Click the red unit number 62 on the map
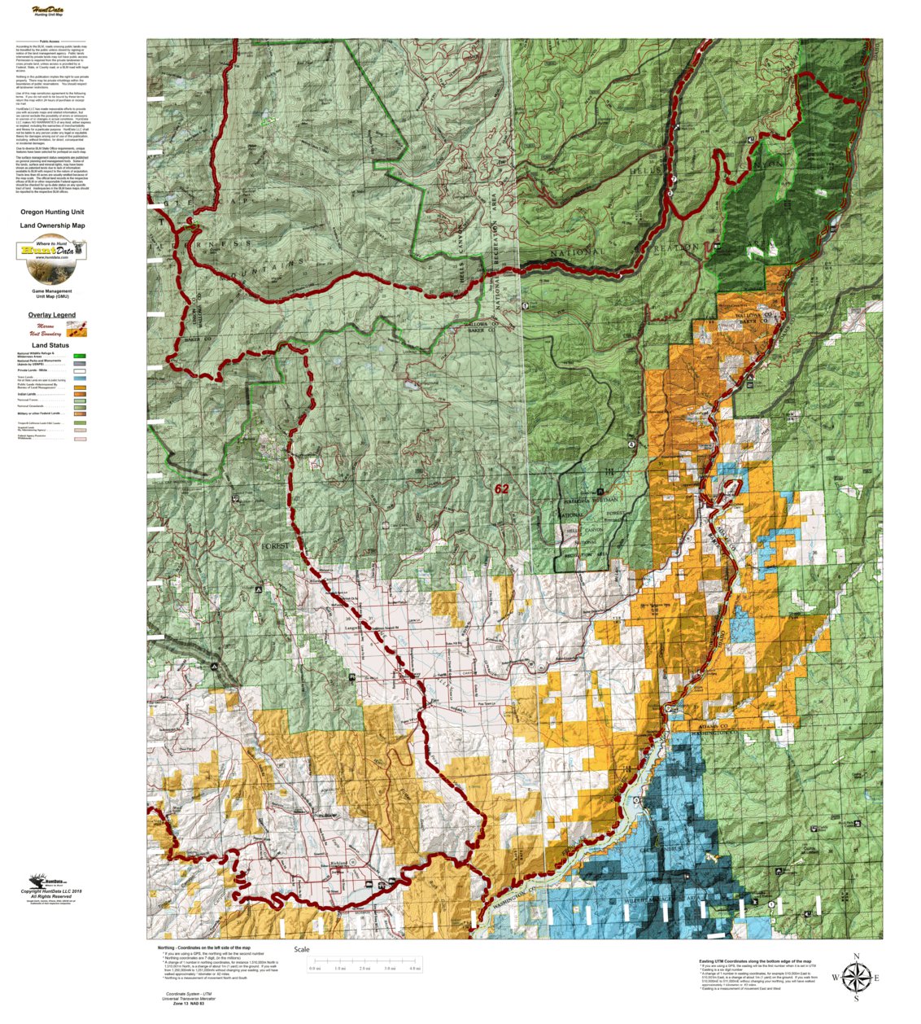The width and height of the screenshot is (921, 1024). [501, 488]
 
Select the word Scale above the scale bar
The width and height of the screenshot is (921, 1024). [302, 949]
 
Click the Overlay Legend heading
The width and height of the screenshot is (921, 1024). [52, 315]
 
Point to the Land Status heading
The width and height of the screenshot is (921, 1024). [50, 345]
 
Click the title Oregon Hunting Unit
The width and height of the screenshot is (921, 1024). [52, 212]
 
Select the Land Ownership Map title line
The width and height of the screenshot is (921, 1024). [52, 225]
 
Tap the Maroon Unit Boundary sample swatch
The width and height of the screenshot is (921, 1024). [77, 329]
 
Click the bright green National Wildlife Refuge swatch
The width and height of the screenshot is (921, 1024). [80, 357]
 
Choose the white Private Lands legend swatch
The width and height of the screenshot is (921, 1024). [80, 370]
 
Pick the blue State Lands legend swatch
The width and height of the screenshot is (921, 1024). [80, 379]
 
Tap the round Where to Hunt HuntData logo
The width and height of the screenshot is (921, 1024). [52, 250]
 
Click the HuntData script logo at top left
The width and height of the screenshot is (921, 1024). [48, 11]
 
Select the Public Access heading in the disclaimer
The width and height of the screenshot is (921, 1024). [49, 41]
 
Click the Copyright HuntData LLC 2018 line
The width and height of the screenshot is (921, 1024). [52, 891]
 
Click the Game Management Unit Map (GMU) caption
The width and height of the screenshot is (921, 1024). [52, 293]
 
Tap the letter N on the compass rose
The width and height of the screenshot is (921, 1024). [856, 956]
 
